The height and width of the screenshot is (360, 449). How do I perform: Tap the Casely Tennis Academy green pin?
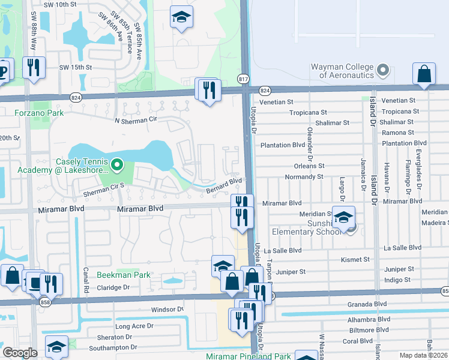point(118,164)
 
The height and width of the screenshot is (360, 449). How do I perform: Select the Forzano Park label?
point(39,112)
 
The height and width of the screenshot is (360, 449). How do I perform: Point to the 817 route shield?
point(243,79)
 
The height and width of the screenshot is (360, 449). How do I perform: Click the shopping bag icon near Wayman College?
point(424,74)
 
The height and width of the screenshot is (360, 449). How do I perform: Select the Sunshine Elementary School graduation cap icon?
point(344,218)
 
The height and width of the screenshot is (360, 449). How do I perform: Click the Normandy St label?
point(304,177)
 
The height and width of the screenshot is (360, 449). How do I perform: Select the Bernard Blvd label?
point(224,185)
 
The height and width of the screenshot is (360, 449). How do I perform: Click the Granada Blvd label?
point(367,304)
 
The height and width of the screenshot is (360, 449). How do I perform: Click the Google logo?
point(20,352)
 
